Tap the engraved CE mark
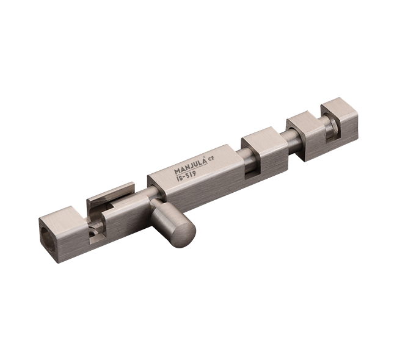point(211,159)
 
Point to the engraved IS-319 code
point(186,175)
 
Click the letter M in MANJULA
point(177,171)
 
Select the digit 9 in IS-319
point(194,173)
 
